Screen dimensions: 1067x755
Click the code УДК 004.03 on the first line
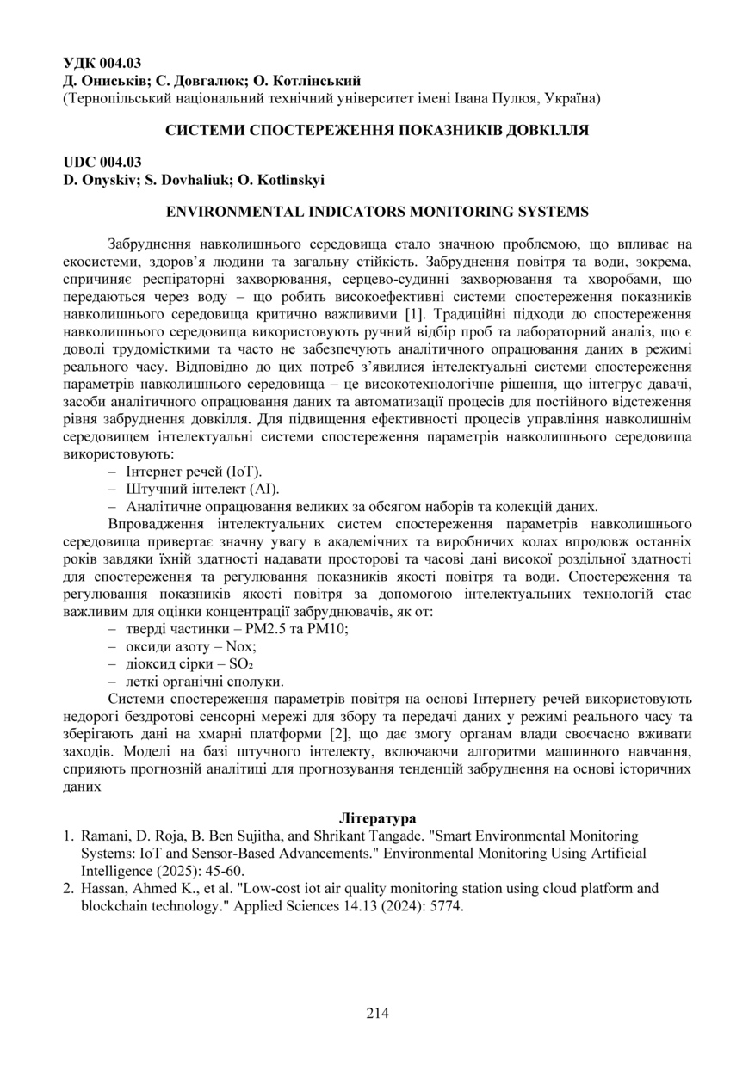(102, 63)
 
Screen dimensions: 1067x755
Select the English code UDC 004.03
(102, 162)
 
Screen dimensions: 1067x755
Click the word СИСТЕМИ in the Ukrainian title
(205, 130)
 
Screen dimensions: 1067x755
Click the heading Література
(377, 817)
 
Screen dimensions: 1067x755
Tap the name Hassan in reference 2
(103, 888)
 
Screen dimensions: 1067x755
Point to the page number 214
(377, 1012)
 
